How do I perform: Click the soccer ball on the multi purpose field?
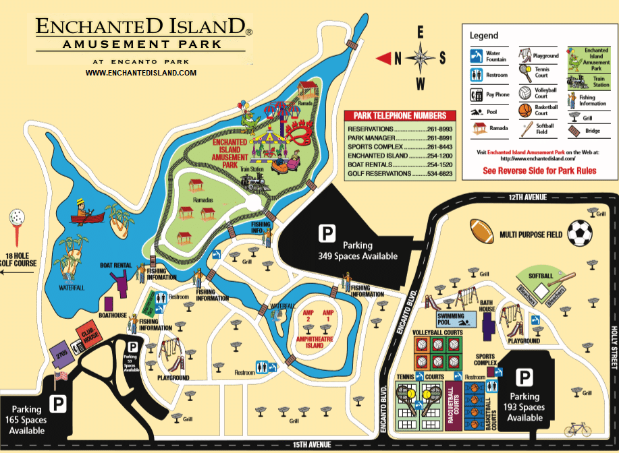pos(579,233)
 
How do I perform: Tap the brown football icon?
pos(482,232)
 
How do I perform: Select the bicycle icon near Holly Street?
pos(578,429)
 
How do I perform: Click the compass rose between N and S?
pos(420,57)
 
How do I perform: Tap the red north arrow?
pos(384,58)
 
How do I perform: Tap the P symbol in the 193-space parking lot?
pos(524,377)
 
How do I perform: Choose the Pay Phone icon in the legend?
pos(477,94)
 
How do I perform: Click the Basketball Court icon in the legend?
pos(524,110)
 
